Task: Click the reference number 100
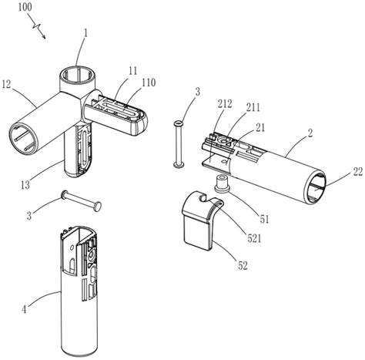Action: pyautogui.click(x=25, y=7)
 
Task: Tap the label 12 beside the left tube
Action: pyautogui.click(x=7, y=85)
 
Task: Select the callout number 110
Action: pyautogui.click(x=148, y=82)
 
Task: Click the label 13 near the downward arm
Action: pyautogui.click(x=25, y=185)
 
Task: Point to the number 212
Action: pyautogui.click(x=225, y=104)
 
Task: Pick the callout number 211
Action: pyautogui.click(x=253, y=107)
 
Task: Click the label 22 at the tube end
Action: pyautogui.click(x=358, y=172)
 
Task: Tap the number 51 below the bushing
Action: pyautogui.click(x=264, y=219)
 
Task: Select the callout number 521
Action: pyautogui.click(x=253, y=238)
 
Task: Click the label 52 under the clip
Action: pyautogui.click(x=243, y=265)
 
